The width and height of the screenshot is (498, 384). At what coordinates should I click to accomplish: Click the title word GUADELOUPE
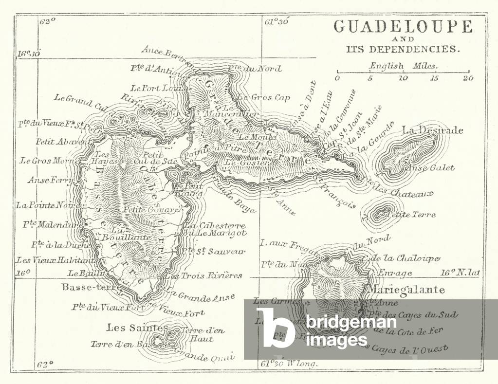[x=403, y=26]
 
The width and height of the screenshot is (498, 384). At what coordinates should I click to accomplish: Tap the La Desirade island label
[x=432, y=130]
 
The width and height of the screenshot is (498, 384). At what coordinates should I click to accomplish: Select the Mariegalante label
[x=407, y=290]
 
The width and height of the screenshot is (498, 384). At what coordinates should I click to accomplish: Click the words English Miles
[x=403, y=65]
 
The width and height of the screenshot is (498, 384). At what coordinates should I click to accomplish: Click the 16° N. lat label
[x=460, y=273]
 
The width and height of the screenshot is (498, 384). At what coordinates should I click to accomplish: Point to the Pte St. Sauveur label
[x=213, y=252]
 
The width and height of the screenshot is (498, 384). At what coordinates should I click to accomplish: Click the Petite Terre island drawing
[x=381, y=213]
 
